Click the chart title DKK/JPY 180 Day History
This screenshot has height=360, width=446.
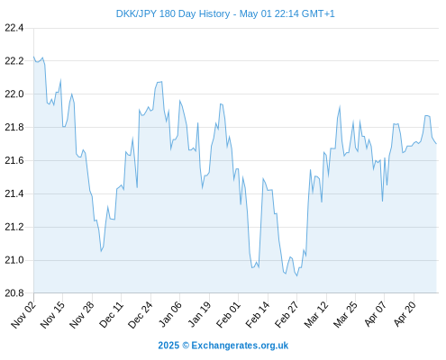[x=173, y=13]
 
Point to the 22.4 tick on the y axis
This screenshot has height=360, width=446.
[x=14, y=28]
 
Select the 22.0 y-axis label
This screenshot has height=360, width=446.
[x=14, y=94]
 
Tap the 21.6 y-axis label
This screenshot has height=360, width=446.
[x=14, y=161]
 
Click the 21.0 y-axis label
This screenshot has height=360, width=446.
[x=14, y=260]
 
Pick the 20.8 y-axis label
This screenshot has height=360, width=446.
[x=14, y=293]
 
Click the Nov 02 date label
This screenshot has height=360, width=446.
[x=23, y=314]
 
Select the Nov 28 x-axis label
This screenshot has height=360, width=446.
[x=82, y=314]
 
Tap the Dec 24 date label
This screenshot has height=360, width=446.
[x=141, y=314]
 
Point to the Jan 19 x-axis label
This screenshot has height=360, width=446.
[x=199, y=314]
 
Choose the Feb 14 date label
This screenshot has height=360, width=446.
[x=258, y=314]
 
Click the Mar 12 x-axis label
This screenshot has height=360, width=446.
[x=316, y=314]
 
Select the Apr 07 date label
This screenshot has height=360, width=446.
[x=375, y=314]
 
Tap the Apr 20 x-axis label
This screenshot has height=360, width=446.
[x=405, y=314]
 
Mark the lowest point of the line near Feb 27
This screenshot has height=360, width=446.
[x=296, y=275]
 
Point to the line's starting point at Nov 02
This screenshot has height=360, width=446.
[x=34, y=57]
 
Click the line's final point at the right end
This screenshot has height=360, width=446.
[x=436, y=144]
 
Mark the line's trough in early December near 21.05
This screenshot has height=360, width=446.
[x=101, y=251]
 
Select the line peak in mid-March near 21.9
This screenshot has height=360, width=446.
[x=340, y=106]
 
